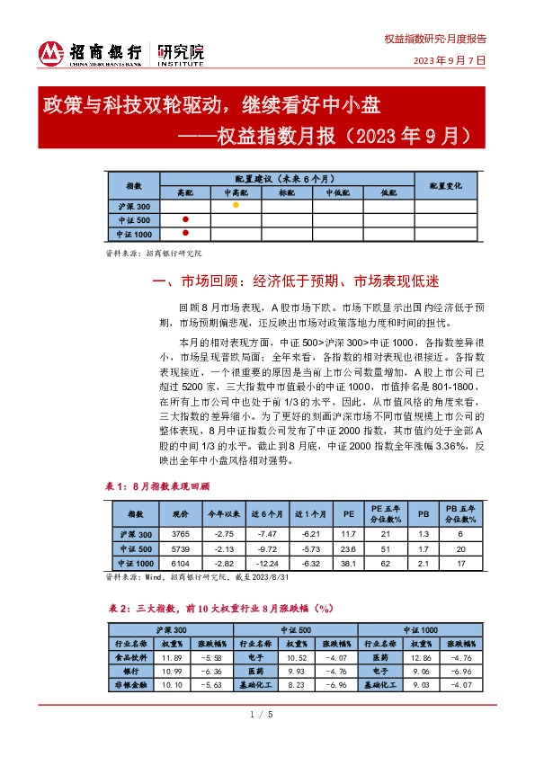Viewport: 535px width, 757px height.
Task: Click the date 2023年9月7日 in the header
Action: pyautogui.click(x=449, y=60)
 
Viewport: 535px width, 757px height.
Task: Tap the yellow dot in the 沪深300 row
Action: pyautogui.click(x=236, y=205)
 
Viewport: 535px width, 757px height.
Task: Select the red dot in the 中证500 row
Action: pyautogui.click(x=185, y=219)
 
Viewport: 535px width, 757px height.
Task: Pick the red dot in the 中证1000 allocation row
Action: pyautogui.click(x=185, y=234)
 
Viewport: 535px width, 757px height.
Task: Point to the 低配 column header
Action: pyautogui.click(x=388, y=192)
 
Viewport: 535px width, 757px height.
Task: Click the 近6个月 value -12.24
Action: pyautogui.click(x=268, y=564)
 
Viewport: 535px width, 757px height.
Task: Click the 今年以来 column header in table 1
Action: pyautogui.click(x=221, y=514)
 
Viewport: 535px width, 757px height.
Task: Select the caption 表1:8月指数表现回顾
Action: pyautogui.click(x=158, y=485)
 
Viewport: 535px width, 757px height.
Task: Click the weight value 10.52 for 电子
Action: pyautogui.click(x=296, y=658)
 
